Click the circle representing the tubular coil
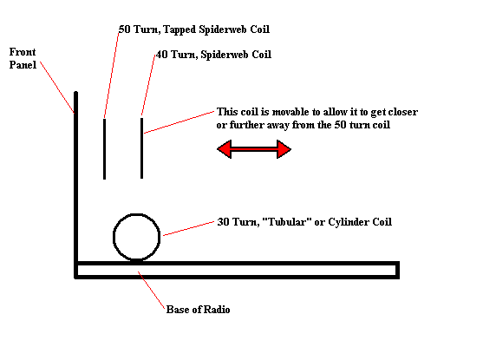[x=114, y=237]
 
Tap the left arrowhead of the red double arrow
[x=225, y=149]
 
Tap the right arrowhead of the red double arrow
[x=284, y=149]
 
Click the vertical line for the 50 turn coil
[x=104, y=149]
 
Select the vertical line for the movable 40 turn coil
[x=141, y=148]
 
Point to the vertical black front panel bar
[x=75, y=185]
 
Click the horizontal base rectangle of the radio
[x=238, y=263]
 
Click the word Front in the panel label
[x=23, y=52]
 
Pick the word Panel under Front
[x=23, y=65]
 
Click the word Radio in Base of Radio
[x=217, y=310]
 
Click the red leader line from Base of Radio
[x=151, y=290]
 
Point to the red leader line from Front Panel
[x=57, y=88]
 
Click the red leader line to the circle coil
[x=188, y=228]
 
